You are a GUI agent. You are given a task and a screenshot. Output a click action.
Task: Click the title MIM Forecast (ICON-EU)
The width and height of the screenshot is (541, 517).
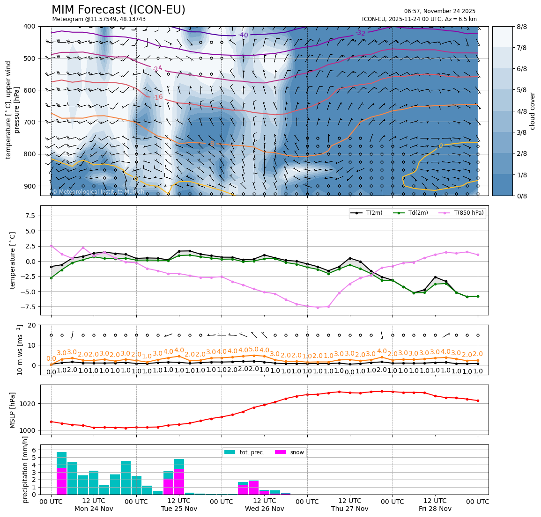118,10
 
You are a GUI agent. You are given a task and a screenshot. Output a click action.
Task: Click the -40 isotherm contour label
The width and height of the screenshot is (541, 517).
243,35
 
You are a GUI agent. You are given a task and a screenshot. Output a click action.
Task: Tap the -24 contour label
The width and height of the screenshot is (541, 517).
157,69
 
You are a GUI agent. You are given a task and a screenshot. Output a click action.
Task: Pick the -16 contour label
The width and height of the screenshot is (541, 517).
158,97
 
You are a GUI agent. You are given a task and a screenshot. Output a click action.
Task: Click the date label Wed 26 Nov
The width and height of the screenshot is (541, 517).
264,509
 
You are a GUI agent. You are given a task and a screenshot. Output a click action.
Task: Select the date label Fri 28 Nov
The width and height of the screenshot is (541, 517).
435,509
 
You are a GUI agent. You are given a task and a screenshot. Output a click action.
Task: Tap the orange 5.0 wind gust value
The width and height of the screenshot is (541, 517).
253,349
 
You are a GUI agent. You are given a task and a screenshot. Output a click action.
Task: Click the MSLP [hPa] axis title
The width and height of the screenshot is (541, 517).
13,410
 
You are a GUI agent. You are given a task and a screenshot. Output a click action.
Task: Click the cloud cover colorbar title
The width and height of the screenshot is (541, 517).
532,111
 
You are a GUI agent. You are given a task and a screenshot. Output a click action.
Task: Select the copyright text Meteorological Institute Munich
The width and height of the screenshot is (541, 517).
98,192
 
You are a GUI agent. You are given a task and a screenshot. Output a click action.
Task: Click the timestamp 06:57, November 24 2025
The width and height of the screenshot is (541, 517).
439,11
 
